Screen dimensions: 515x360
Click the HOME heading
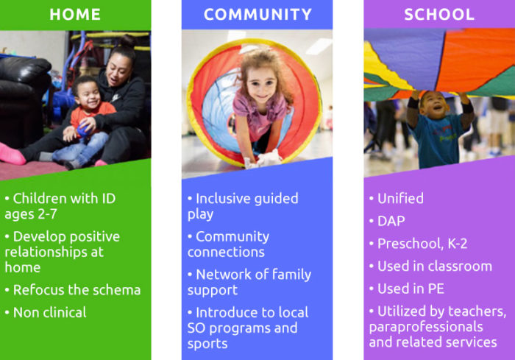click(75, 15)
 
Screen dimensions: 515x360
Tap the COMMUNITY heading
click(257, 15)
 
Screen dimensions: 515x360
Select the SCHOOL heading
click(439, 15)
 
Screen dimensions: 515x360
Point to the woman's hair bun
click(127, 40)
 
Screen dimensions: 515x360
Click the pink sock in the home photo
click(12, 154)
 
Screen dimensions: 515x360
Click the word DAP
click(391, 222)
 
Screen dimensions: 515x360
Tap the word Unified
click(400, 199)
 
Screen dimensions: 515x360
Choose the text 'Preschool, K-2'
click(422, 244)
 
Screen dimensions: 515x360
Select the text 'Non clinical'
click(49, 313)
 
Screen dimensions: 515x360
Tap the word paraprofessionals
click(426, 328)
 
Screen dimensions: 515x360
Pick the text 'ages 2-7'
click(31, 214)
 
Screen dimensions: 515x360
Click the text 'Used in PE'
click(411, 289)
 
